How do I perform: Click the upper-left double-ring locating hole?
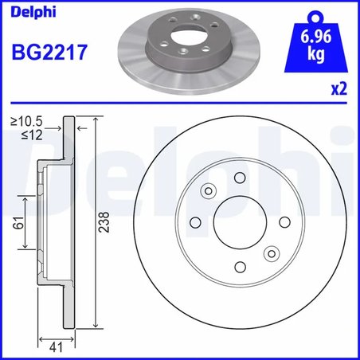(x=209, y=190)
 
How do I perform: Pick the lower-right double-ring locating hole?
(x=270, y=254)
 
